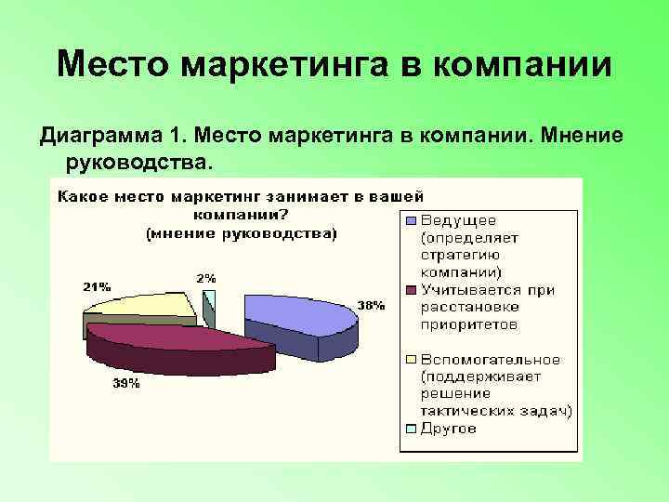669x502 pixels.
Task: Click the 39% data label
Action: (126, 384)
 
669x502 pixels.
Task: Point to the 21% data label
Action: (96, 286)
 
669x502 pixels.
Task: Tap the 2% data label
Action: (206, 277)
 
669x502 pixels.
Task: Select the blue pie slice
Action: (297, 316)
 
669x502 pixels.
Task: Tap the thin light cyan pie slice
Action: (210, 299)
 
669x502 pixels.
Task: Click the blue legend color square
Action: (410, 221)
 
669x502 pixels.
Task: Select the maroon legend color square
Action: (410, 291)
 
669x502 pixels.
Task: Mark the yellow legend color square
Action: (410, 360)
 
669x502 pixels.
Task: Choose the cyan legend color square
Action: (410, 429)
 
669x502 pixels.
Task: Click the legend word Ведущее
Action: (459, 220)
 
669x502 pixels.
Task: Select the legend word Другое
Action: (449, 429)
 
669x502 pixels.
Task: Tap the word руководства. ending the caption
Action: (139, 163)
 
